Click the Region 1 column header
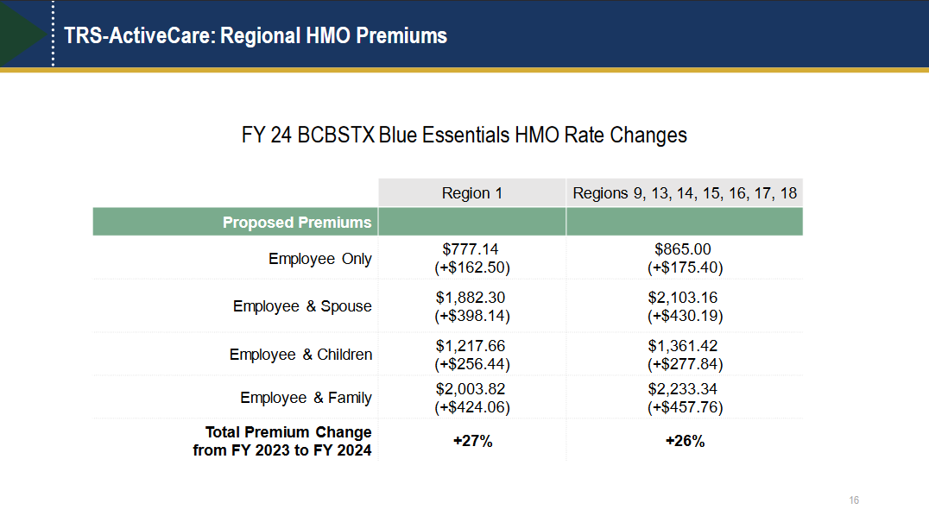point(471,192)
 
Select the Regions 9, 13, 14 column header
point(685,192)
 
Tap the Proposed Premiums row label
point(297,222)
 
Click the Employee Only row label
point(319,259)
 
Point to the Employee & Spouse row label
point(302,306)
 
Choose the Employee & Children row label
point(300,355)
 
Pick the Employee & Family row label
point(306,398)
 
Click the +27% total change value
point(472,441)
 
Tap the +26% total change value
point(685,441)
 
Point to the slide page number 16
point(854,500)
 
